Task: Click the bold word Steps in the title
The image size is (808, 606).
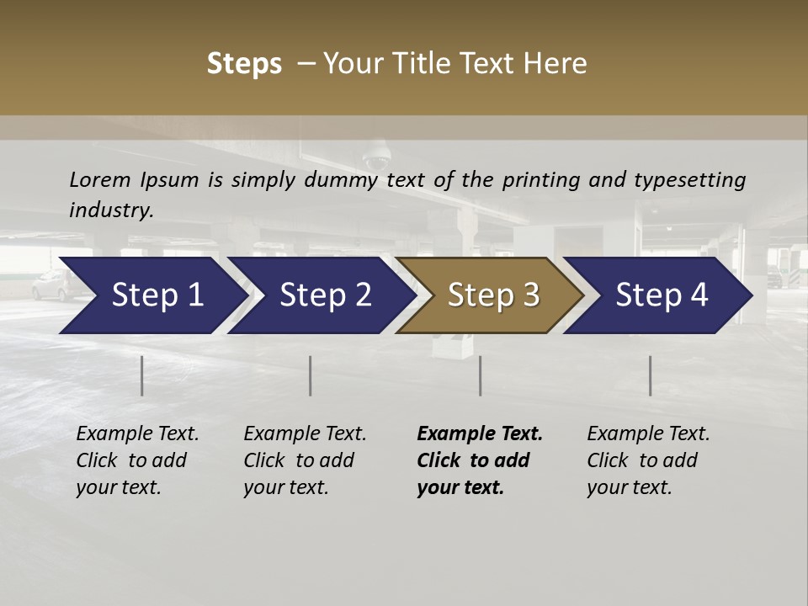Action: (244, 64)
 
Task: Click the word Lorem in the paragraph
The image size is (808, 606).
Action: (98, 179)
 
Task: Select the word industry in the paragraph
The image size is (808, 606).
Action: (111, 210)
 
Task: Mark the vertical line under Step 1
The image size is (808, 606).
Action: (142, 375)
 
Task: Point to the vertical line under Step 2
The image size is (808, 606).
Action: (311, 375)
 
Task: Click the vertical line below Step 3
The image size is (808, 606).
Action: (481, 375)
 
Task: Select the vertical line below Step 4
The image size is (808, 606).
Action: (651, 375)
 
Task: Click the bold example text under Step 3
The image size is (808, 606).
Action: (480, 460)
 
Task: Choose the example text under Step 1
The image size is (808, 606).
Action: (137, 460)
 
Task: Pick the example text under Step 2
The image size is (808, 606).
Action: (305, 460)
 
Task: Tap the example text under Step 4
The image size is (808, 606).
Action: (648, 460)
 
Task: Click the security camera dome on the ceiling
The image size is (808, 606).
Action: (375, 157)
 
